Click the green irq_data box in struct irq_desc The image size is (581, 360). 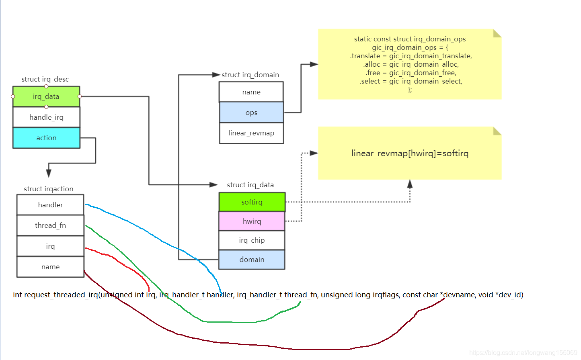pos(46,97)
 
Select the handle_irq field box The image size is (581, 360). pos(46,117)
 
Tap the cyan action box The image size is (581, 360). pos(46,138)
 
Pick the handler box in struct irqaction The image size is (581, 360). pos(50,205)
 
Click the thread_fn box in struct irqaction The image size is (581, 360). pos(50,225)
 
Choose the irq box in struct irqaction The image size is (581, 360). pos(50,246)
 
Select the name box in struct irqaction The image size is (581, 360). pos(50,267)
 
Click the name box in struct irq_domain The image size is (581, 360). pos(251,92)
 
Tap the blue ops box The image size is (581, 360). pos(251,112)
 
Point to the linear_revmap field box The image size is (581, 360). pos(251,133)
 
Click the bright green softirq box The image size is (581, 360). pos(252,202)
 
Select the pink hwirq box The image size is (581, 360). pos(252,221)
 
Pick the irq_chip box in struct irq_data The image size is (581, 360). pos(252,240)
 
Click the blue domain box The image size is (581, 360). pos(252,260)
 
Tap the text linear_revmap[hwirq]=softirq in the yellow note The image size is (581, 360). pos(410,153)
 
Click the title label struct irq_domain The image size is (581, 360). pos(250,75)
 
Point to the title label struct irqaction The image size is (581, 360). pos(49,189)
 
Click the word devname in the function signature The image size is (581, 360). pos(459,295)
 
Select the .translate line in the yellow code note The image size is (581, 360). pos(411,56)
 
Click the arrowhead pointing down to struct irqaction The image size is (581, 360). pos(49,173)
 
